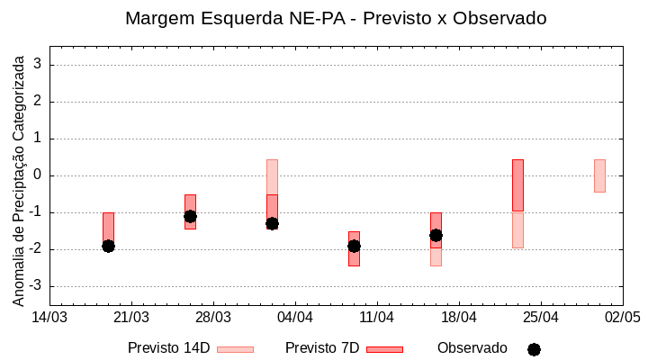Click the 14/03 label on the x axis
pos(49,317)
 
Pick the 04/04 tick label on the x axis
pos(294,317)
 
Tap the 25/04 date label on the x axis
pos(540,317)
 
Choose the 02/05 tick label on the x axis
pos(622,317)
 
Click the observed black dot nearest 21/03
pos(108,246)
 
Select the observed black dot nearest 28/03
pos(190,216)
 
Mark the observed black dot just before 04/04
pos(272,223)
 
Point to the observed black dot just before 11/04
pos(354,246)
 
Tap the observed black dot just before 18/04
pos(436,235)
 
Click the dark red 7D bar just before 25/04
pos(517,184)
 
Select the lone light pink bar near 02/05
pos(599,175)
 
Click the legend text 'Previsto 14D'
pos(168,348)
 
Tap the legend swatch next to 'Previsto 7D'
pos(384,349)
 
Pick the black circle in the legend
pos(534,349)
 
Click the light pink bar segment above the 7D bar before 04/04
pos(272,176)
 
